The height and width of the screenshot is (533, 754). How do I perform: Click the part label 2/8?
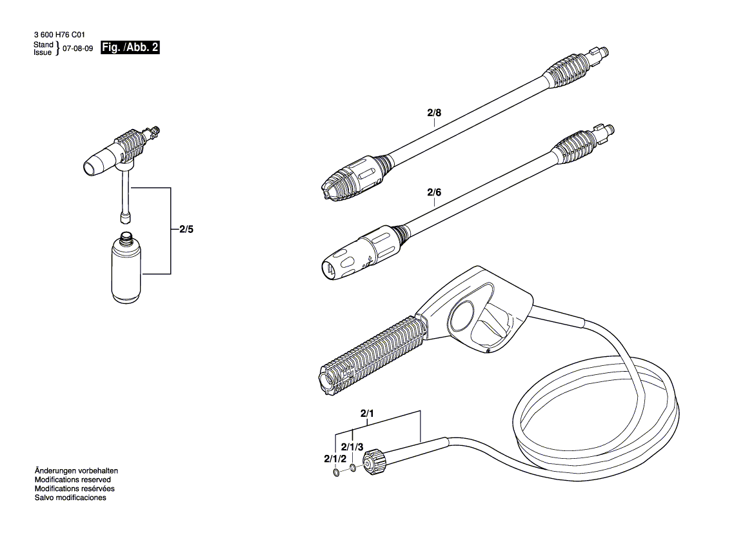(434, 113)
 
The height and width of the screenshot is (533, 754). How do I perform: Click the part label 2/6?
(434, 192)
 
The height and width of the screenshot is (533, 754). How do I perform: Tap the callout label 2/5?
(186, 229)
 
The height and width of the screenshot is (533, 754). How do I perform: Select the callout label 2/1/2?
(335, 458)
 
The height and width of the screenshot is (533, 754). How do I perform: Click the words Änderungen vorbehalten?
(76, 471)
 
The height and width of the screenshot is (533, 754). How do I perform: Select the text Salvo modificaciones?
(70, 498)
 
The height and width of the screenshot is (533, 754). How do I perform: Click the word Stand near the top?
(43, 45)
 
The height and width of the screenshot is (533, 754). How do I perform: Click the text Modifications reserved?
(72, 480)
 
